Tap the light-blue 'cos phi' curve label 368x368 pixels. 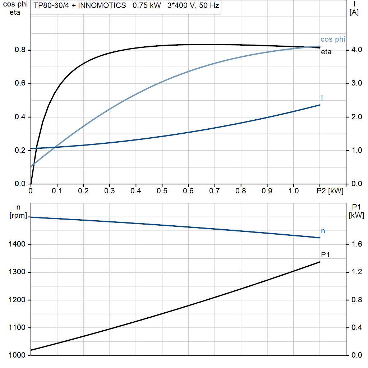point(332,40)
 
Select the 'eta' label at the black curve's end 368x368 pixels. point(326,52)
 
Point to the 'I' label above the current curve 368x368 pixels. point(322,98)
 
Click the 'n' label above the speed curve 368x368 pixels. point(323,231)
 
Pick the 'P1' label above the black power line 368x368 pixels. point(325,255)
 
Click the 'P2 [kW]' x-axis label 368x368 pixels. point(330,191)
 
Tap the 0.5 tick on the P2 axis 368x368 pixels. point(162,191)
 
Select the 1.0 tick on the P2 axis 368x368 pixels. point(293,191)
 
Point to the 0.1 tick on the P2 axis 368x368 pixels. point(57,191)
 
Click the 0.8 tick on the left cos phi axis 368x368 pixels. point(20,50)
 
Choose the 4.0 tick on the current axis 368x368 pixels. point(356,50)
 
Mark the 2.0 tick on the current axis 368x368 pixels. point(356,117)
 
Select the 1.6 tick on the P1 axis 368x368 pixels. point(356,245)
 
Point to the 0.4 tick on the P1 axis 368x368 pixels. point(356,328)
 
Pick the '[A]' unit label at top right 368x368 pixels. point(354,13)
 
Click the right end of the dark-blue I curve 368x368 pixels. point(319,105)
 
